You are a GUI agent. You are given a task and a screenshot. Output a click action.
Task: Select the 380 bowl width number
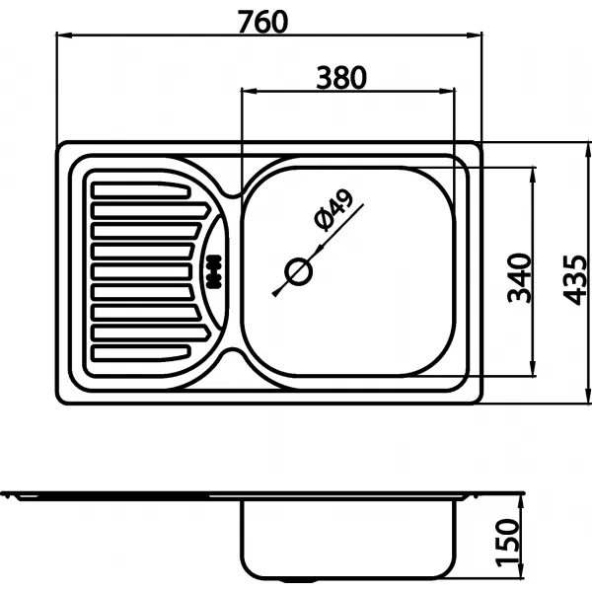[x=341, y=76]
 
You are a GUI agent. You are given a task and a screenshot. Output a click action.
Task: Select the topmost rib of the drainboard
[x=139, y=185]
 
